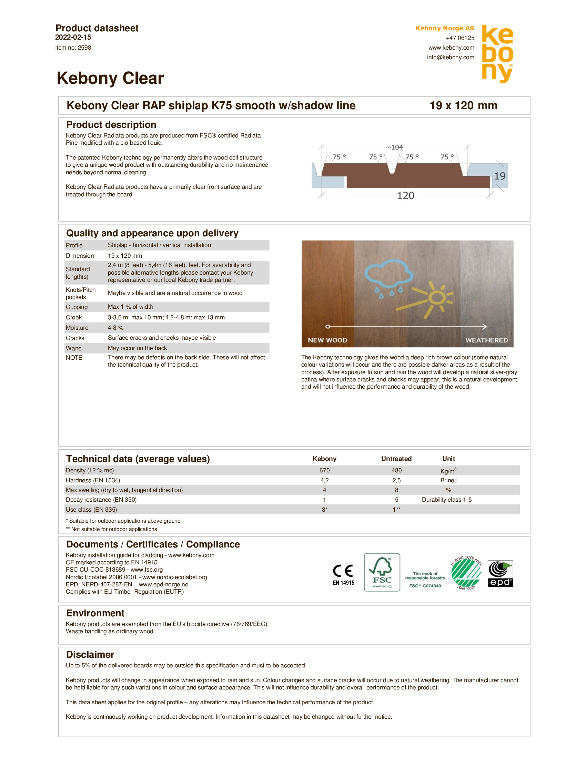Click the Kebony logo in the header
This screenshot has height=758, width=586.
pos(497,54)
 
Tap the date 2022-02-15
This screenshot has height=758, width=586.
pos(73,37)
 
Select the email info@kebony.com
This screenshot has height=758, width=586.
pos(450,57)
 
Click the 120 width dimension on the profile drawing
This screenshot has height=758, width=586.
pos(405,195)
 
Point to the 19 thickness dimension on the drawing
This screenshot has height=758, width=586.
pos(499,176)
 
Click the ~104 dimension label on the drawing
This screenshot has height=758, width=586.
pos(394,147)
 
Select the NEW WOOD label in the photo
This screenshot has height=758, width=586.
pos(327,340)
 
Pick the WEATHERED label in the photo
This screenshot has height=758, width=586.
pos(486,340)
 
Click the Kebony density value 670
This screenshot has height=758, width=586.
pos(324,470)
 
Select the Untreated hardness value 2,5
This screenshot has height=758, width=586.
pos(396,480)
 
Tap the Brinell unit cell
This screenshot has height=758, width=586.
pos(448,480)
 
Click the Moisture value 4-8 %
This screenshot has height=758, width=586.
pos(115,328)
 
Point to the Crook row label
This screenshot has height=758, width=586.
pos(74,317)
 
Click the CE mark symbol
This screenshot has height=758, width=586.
pos(343,571)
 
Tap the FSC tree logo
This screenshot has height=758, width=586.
pos(382,572)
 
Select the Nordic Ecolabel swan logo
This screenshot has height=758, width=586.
pos(466,573)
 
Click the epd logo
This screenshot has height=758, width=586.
pos(500,573)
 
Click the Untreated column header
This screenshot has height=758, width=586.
pos(396,459)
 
